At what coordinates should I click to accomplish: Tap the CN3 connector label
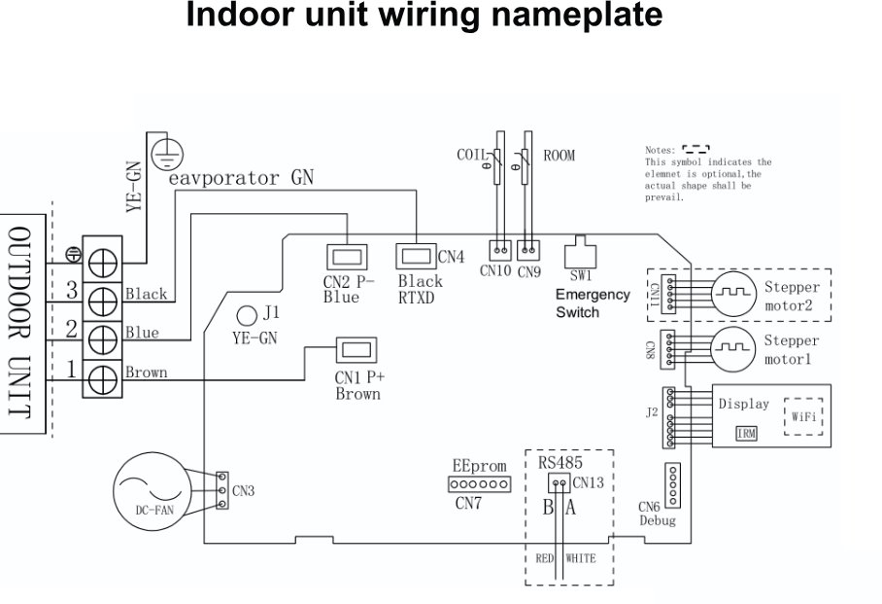(243, 491)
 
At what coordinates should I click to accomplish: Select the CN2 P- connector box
(346, 257)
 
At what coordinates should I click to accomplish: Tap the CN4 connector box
(416, 257)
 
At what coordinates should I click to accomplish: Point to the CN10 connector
(499, 249)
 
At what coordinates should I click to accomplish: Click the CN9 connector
(528, 249)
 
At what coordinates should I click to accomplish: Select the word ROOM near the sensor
(560, 155)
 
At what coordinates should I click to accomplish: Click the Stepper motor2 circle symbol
(735, 291)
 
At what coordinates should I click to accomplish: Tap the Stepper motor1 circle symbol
(735, 345)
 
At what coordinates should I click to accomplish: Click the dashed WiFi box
(802, 413)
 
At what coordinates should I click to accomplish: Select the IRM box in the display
(747, 433)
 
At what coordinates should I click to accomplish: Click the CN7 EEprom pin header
(479, 484)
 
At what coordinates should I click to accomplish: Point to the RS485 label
(560, 462)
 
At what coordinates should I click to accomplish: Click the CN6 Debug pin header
(672, 481)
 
